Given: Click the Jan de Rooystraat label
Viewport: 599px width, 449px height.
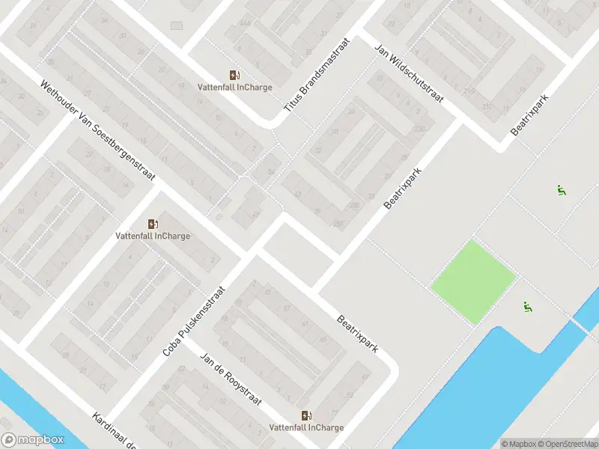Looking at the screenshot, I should click(231, 379).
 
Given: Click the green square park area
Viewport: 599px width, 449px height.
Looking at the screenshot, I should click(473, 281).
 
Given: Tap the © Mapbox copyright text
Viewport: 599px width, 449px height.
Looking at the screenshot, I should click(519, 443).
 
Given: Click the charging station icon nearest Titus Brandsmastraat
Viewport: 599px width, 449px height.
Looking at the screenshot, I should click(234, 75).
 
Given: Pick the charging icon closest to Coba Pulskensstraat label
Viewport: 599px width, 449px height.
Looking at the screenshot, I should click(153, 224).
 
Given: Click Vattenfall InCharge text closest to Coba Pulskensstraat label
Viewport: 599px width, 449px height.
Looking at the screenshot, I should click(153, 236).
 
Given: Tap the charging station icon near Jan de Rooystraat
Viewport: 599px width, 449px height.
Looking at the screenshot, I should click(306, 415).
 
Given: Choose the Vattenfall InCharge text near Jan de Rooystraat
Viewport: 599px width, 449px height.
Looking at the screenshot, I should click(306, 428).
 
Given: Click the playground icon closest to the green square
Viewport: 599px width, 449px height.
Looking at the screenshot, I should click(529, 306).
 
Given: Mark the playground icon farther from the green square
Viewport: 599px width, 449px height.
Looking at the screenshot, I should click(561, 190).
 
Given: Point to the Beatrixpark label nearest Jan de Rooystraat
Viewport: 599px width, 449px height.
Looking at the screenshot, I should click(356, 333).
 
